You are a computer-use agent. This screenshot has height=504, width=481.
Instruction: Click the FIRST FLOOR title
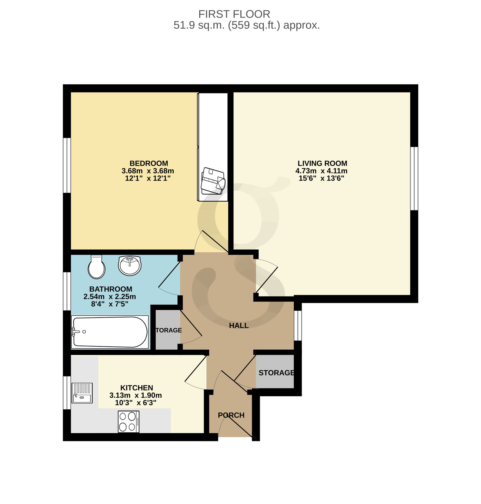click(x=234, y=14)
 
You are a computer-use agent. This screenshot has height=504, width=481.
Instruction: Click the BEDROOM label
click(x=149, y=163)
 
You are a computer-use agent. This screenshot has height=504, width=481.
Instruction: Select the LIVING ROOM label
click(x=322, y=163)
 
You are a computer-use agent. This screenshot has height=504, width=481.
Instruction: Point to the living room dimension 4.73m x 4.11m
click(x=322, y=171)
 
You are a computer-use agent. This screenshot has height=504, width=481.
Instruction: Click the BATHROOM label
click(x=111, y=289)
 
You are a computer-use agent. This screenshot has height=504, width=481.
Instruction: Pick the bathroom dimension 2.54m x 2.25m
click(x=110, y=296)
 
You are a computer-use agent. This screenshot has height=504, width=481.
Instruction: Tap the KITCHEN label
click(x=137, y=388)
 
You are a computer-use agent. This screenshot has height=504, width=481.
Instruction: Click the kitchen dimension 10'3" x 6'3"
click(x=136, y=403)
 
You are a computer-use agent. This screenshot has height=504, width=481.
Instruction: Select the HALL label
click(x=239, y=326)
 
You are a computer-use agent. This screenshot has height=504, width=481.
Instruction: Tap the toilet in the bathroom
click(x=96, y=267)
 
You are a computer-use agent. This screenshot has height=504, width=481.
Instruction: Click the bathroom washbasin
click(x=130, y=266)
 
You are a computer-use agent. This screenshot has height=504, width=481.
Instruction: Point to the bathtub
click(x=110, y=332)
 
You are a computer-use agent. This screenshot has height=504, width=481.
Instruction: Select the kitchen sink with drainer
click(x=82, y=393)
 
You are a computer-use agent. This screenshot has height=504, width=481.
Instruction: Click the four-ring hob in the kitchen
click(x=129, y=422)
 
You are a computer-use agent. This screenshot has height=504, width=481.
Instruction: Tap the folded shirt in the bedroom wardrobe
click(x=213, y=181)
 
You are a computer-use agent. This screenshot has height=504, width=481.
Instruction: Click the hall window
click(x=298, y=326)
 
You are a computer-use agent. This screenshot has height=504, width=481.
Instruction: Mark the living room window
click(x=414, y=178)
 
